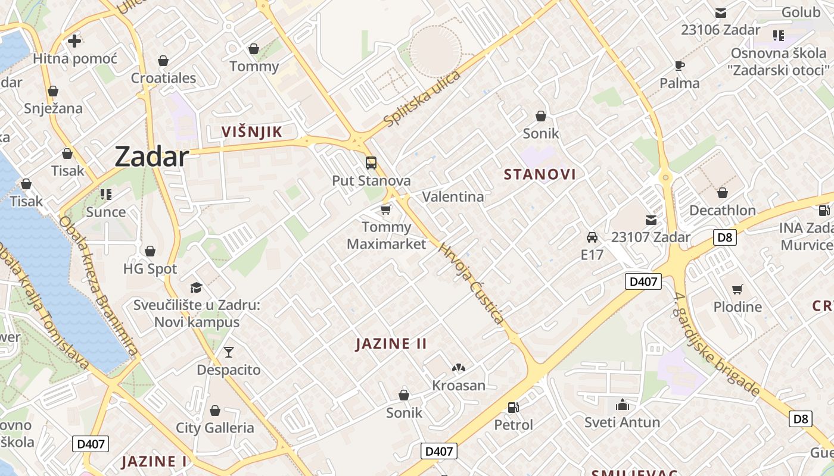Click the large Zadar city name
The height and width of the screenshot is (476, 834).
click(151, 156)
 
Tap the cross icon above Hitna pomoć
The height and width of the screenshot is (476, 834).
click(74, 41)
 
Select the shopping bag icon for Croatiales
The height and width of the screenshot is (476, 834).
click(163, 61)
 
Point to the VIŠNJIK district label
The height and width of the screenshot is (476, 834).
click(251, 132)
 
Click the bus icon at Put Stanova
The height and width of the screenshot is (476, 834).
click(371, 163)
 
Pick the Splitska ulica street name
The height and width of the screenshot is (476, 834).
click(422, 99)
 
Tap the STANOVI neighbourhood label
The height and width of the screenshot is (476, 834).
click(540, 174)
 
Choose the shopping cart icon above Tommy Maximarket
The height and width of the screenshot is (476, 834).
click(386, 210)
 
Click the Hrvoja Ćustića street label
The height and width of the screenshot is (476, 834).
click(472, 283)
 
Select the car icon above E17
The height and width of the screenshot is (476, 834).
click(592, 237)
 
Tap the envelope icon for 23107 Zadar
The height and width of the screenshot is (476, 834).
click(651, 220)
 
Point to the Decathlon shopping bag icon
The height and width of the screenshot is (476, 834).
click(723, 193)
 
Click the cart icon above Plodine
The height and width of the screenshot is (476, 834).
click(737, 290)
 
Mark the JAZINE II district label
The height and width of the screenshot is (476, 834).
click(391, 344)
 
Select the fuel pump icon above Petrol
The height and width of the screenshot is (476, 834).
click(513, 408)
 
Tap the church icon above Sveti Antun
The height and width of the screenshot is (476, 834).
click(623, 405)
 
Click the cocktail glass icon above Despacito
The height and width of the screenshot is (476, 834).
click(229, 352)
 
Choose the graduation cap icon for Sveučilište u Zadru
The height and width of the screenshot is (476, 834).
click(197, 288)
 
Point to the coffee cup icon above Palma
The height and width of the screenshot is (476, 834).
click(680, 65)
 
